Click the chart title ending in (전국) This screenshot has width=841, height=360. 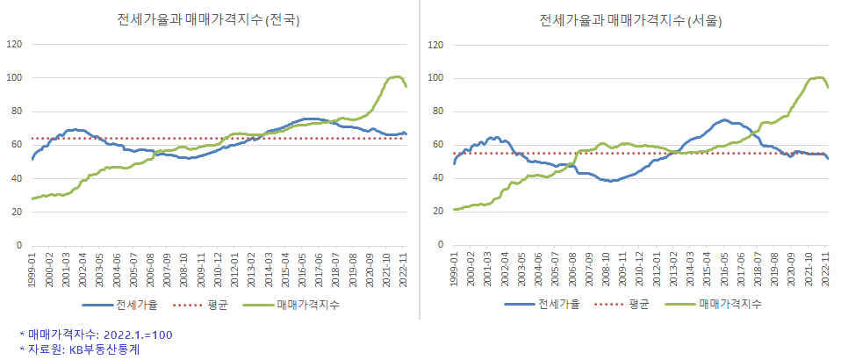(x=209, y=20)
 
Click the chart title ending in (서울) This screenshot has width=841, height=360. (x=631, y=20)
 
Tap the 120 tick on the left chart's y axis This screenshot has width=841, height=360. (x=13, y=44)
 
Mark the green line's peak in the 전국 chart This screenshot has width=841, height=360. (x=397, y=76)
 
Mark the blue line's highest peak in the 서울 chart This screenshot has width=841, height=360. (x=724, y=119)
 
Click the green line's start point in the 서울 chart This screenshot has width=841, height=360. (x=455, y=209)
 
